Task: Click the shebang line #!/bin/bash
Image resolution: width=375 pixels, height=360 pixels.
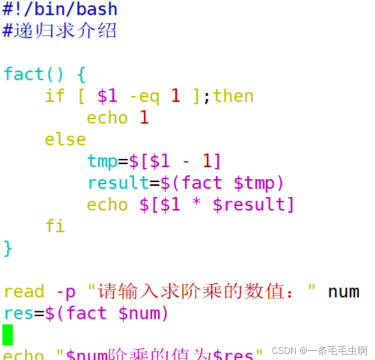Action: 60,9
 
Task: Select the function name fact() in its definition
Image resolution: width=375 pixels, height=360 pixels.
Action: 34,74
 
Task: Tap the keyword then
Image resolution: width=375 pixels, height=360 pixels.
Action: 233,96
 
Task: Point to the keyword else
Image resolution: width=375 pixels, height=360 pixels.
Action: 65,139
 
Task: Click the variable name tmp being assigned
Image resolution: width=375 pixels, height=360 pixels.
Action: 102,161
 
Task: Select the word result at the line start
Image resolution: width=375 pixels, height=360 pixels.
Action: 118,183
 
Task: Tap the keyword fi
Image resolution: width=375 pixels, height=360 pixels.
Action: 55,226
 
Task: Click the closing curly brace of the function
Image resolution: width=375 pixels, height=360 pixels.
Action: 7,248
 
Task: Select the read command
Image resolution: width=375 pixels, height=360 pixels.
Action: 23,292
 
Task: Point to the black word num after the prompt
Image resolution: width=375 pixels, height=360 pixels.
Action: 343,292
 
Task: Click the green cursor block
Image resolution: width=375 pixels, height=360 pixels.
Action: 7,335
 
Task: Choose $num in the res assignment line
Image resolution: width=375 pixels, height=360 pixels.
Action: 144,313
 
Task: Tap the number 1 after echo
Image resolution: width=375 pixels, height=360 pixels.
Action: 144,118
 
